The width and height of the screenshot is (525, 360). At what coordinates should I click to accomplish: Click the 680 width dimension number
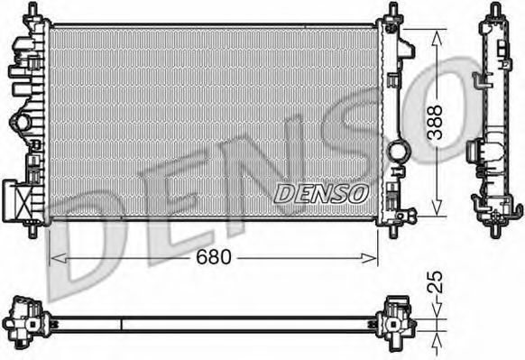click(214, 257)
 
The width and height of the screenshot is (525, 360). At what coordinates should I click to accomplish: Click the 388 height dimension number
click(436, 122)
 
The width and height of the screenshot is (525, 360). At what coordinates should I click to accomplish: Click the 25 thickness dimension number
click(436, 282)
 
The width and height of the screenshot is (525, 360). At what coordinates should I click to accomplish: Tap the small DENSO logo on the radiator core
click(321, 194)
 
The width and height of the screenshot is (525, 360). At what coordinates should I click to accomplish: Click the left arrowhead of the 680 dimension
click(59, 258)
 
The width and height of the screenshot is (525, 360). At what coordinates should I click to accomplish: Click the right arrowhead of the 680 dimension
click(369, 258)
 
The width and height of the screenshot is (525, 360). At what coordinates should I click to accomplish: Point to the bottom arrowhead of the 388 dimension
click(436, 207)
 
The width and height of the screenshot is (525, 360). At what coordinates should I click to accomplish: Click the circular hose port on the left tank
click(20, 123)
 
